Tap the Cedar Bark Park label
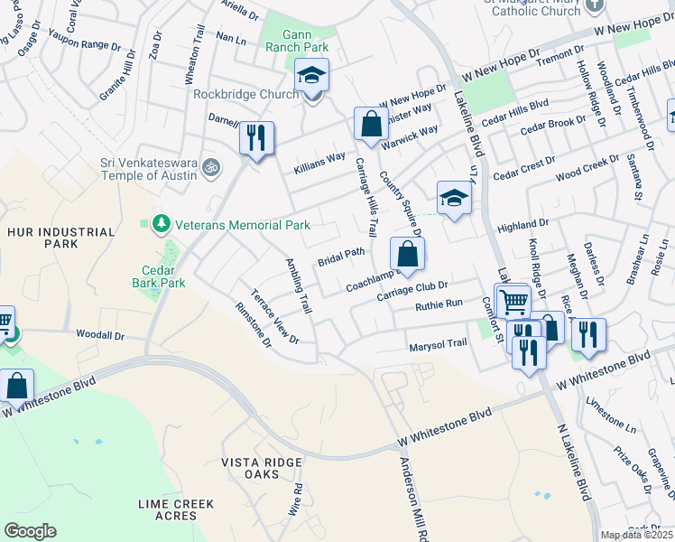click(163, 276)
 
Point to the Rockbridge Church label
click(245, 94)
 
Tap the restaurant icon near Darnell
click(256, 138)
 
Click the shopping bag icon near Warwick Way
click(371, 125)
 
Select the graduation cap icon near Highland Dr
click(454, 198)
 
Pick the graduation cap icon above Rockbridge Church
click(311, 76)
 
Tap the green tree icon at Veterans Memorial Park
click(162, 223)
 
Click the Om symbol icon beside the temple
click(211, 167)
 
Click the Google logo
click(30, 531)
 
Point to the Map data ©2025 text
click(637, 535)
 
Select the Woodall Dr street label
click(99, 335)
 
